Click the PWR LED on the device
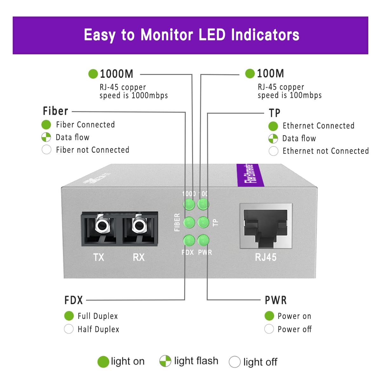(x=203, y=240)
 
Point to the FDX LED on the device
(x=189, y=240)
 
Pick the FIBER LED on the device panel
(x=189, y=222)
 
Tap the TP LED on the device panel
(x=203, y=222)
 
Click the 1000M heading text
(x=117, y=74)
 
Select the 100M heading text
(x=270, y=74)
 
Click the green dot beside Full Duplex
(x=69, y=316)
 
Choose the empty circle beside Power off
(x=269, y=329)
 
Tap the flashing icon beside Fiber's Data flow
(x=46, y=137)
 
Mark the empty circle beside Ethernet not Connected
(x=273, y=151)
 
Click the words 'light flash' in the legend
(x=196, y=361)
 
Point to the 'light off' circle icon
(x=235, y=362)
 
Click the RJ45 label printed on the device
(x=266, y=257)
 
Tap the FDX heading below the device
(x=74, y=300)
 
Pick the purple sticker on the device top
(x=251, y=175)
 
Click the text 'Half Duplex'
(x=98, y=329)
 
